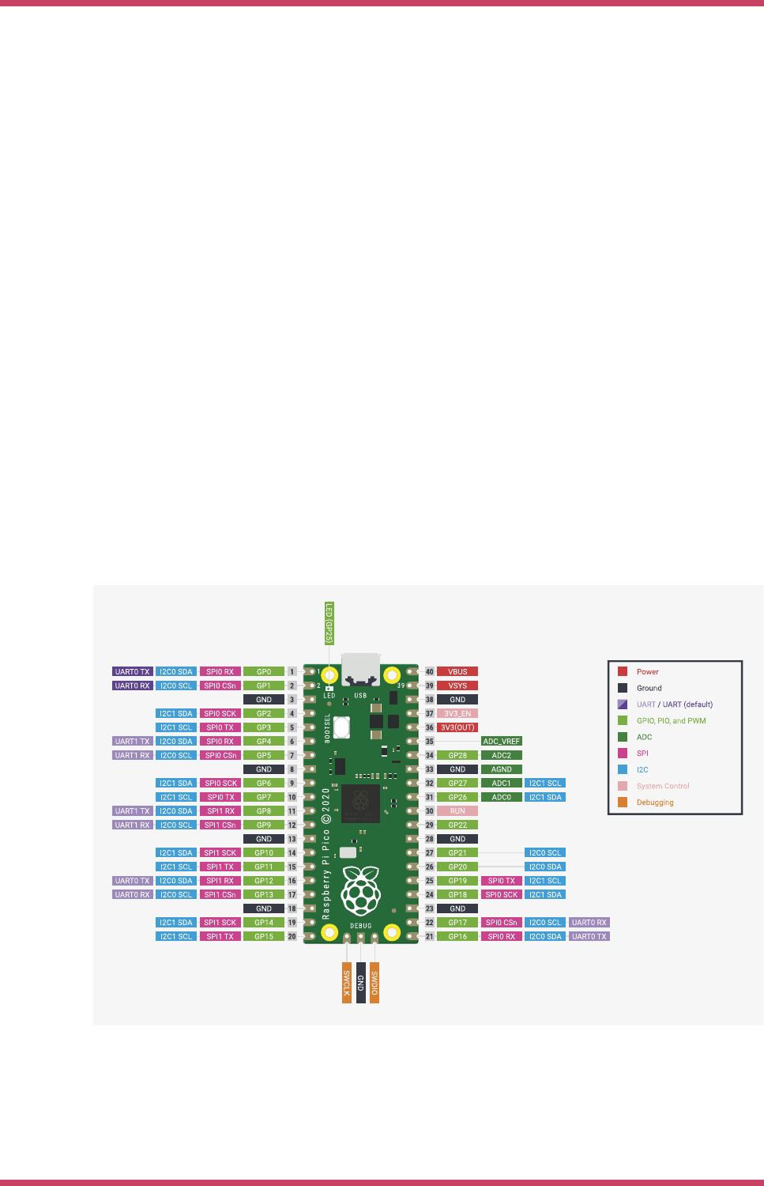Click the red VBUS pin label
click(457, 671)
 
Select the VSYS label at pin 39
click(457, 686)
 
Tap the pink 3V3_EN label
click(457, 713)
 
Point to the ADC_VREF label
click(501, 742)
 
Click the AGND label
click(501, 769)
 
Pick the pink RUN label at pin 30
click(457, 810)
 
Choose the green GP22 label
click(457, 825)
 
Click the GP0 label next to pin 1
click(263, 671)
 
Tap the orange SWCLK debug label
click(347, 983)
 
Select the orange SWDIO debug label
click(374, 983)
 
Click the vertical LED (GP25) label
click(329, 623)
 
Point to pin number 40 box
click(430, 671)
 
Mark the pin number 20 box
click(292, 936)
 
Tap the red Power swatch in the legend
click(623, 671)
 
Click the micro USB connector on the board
click(361, 669)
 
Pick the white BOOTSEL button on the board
click(342, 727)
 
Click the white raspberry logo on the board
click(361, 891)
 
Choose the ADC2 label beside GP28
click(501, 755)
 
